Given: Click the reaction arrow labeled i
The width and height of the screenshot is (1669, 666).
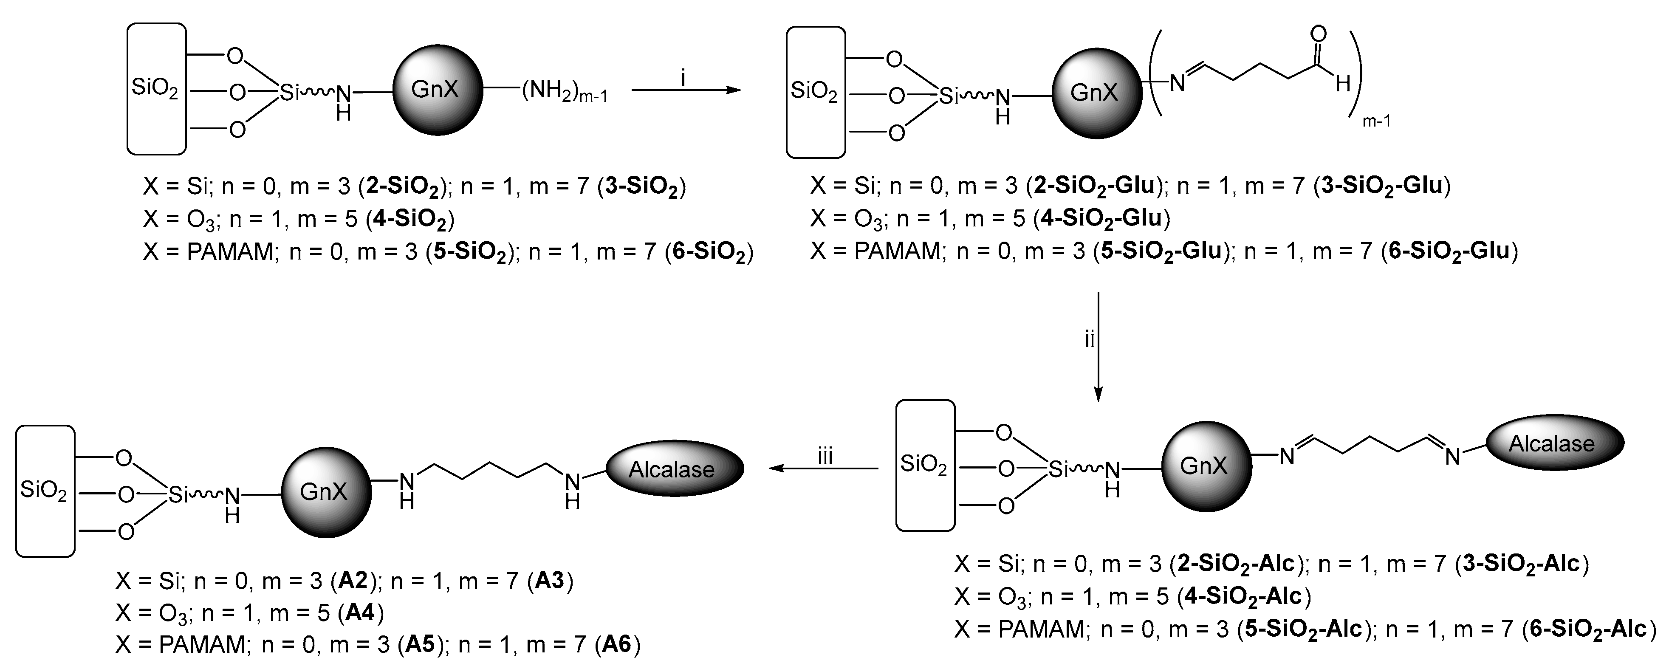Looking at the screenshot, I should pyautogui.click(x=686, y=90).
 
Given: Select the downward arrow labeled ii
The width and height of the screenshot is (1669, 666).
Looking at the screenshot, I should pyautogui.click(x=1098, y=347).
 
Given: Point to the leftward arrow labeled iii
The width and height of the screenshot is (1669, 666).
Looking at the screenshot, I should pyautogui.click(x=823, y=468).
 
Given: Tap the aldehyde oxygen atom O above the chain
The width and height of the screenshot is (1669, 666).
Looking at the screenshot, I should pyautogui.click(x=1318, y=34).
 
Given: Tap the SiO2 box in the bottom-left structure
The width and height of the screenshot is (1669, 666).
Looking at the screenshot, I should pyautogui.click(x=45, y=491).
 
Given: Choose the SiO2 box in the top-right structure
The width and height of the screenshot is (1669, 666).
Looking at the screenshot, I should pyautogui.click(x=815, y=93).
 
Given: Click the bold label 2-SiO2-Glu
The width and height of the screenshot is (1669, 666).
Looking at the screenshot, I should pyautogui.click(x=1095, y=186).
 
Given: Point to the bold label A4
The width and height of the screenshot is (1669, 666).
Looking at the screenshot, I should pyautogui.click(x=360, y=612).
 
